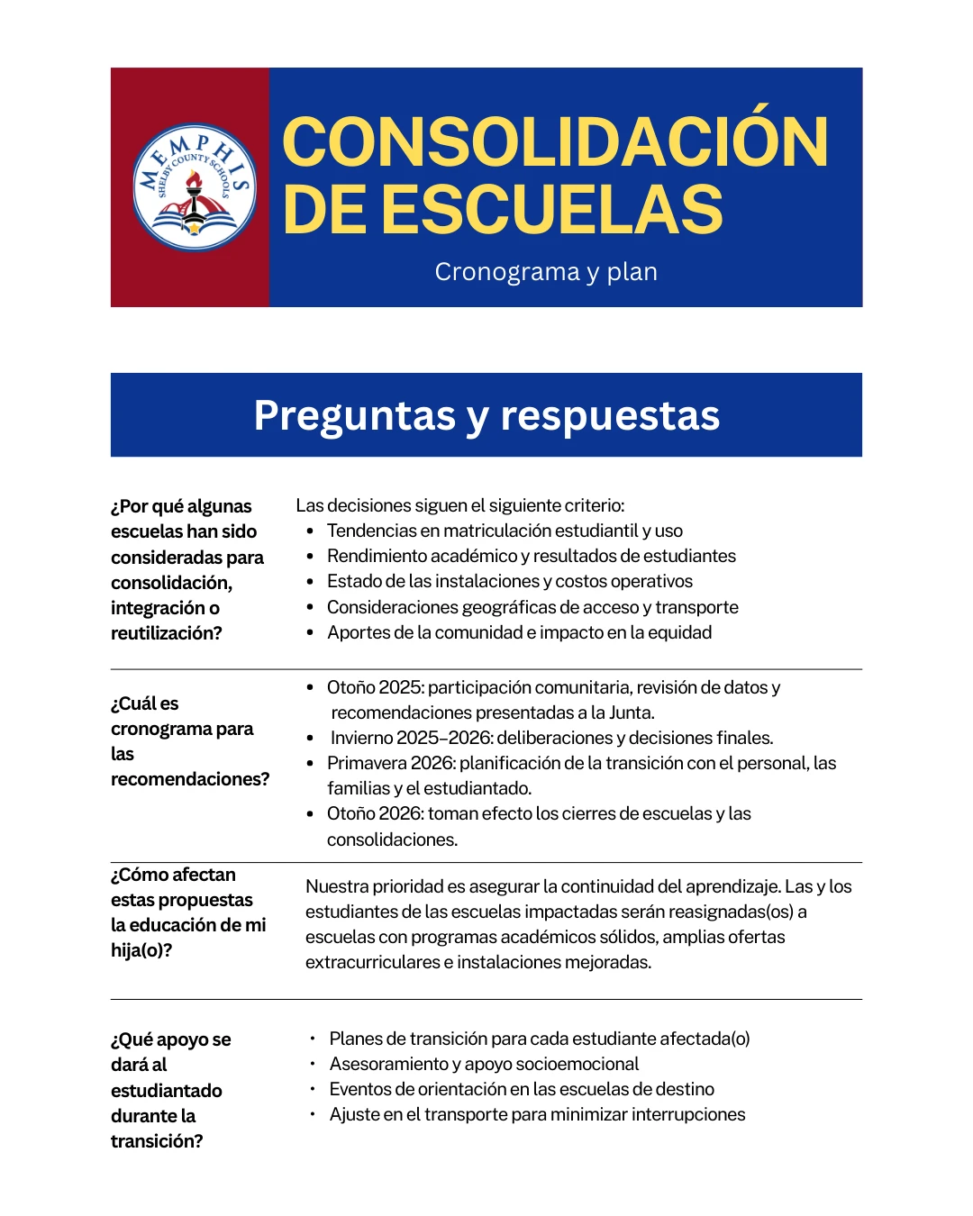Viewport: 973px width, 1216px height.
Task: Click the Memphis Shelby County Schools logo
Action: tap(194, 187)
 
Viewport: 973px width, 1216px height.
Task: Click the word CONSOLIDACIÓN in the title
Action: tap(555, 142)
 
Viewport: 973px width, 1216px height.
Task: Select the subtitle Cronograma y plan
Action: tap(546, 272)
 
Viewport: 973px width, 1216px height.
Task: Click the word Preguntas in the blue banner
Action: tap(354, 416)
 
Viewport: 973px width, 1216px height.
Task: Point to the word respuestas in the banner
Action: tap(610, 416)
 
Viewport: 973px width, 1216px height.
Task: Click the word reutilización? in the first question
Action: tap(167, 633)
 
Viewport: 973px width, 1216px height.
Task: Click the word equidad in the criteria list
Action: tap(679, 632)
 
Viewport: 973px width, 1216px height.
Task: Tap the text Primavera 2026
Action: tap(390, 763)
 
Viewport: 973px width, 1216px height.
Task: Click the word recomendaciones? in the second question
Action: tap(190, 779)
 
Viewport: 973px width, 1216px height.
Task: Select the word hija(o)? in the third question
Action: tap(141, 950)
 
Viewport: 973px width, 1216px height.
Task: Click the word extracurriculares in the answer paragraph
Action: tap(371, 962)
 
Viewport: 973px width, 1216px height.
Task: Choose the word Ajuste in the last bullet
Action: tap(354, 1114)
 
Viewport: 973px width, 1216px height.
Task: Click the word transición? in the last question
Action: tap(157, 1141)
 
